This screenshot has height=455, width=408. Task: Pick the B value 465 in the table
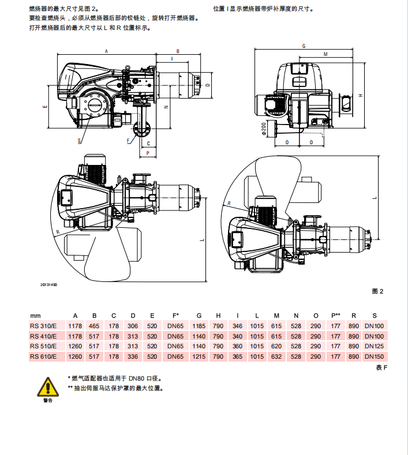point(95,326)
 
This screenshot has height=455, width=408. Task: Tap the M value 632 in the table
point(276,356)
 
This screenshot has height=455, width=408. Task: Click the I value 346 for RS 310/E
point(238,326)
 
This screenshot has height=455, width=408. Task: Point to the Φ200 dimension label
point(264,128)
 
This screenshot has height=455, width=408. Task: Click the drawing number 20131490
point(48,284)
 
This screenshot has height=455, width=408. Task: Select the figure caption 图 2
point(378,292)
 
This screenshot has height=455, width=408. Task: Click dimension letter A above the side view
point(106,51)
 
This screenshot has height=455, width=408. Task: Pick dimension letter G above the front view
point(304,45)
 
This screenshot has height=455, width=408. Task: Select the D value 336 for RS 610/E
point(133,356)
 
